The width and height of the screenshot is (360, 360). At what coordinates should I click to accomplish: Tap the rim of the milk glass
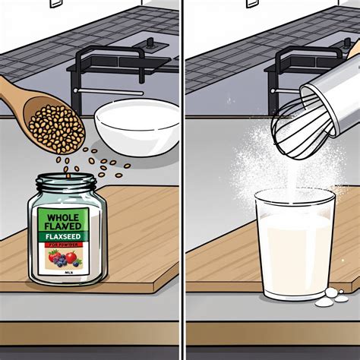pyautogui.click(x=294, y=195)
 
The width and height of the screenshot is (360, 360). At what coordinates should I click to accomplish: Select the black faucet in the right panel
pyautogui.click(x=296, y=65)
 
